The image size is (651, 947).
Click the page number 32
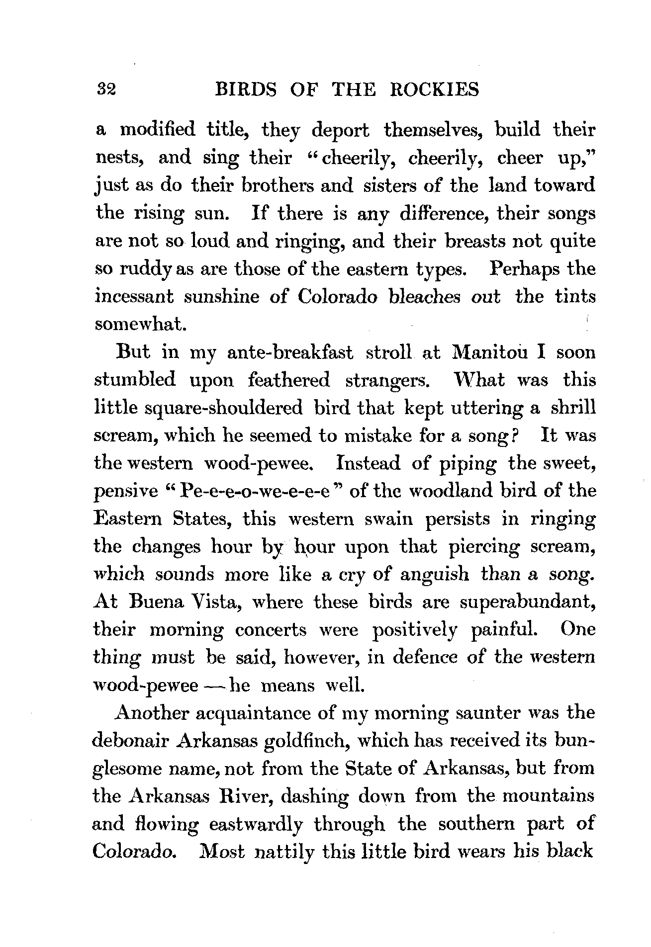(106, 90)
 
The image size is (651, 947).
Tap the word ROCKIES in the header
(435, 90)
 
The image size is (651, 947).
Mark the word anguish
(434, 575)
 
